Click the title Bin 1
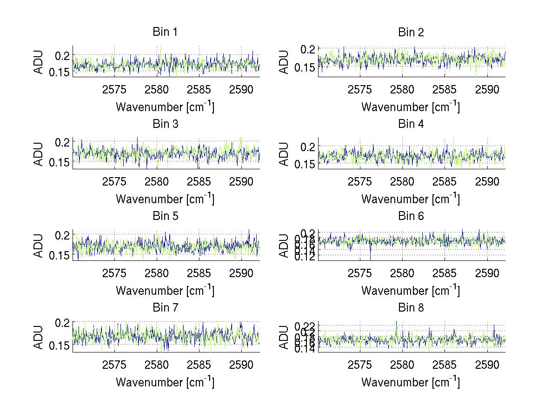pos(165,32)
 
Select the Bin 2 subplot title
pos(411,32)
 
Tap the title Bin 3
pos(165,124)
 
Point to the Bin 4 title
pos(411,124)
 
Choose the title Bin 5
pos(165,216)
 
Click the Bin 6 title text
pos(411,216)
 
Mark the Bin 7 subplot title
pos(165,307)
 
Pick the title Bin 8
pos(411,307)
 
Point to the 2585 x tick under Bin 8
pos(445,365)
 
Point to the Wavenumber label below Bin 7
pos(165,382)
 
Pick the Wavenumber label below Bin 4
pos(411,199)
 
